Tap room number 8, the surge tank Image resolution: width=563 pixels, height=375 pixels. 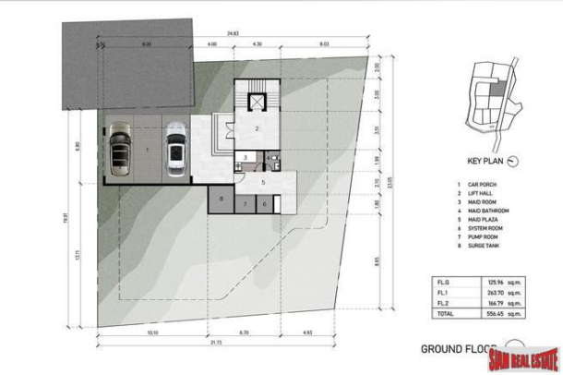[x=222, y=200]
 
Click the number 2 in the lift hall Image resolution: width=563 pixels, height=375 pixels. [x=258, y=129]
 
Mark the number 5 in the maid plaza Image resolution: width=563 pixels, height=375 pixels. [x=264, y=182]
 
